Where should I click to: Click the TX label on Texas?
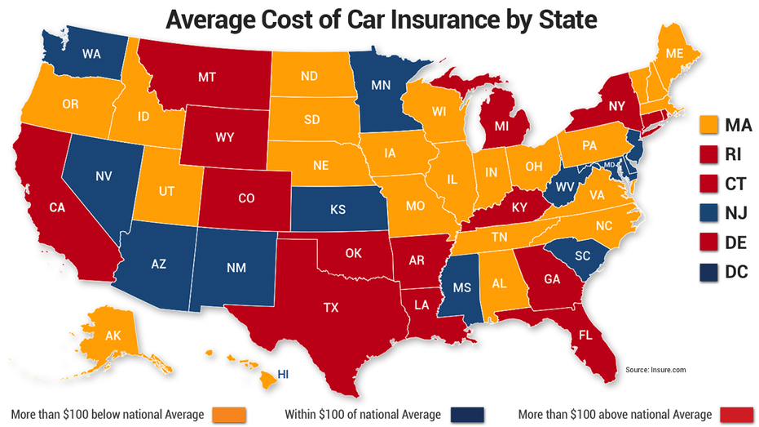pos(330,308)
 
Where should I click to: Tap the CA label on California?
pos(56,207)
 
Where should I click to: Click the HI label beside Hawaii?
pos(284,374)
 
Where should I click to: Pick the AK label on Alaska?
pos(113,336)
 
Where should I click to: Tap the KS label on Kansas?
pos(338,210)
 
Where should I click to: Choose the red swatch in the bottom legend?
pos(738,416)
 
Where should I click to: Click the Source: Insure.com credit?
pos(656,369)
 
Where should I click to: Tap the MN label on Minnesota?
pos(381,84)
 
